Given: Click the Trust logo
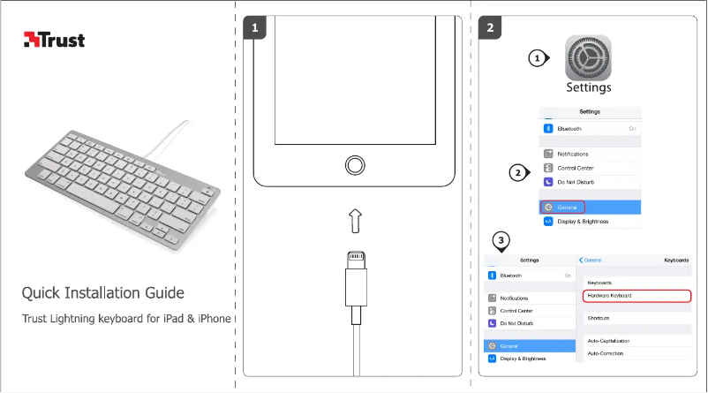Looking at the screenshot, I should tap(54, 39).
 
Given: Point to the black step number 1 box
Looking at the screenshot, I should tap(254, 29).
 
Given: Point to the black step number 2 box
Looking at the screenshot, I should tap(491, 29).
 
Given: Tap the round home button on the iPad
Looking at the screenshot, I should tap(354, 164).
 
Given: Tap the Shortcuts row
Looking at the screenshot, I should tap(599, 318).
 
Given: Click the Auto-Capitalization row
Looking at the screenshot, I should tap(609, 341).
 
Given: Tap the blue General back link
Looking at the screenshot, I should tap(591, 261).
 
